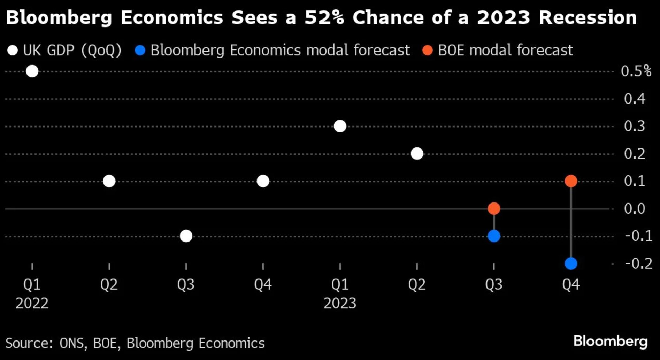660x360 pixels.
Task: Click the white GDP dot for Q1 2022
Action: [32, 71]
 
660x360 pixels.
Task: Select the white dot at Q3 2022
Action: [186, 236]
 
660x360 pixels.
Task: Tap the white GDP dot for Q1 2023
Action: [340, 126]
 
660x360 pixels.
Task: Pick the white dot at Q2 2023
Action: [417, 153]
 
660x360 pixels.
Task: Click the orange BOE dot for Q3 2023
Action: [494, 208]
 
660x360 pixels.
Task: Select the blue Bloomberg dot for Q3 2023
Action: [494, 236]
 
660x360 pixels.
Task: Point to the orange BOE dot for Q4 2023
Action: [571, 181]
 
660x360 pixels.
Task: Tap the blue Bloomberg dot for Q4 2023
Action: [571, 263]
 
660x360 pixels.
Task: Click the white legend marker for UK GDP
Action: [13, 51]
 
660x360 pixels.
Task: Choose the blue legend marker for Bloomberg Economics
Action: [140, 51]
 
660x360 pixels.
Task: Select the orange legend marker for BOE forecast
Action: [427, 51]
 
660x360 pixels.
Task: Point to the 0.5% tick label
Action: [636, 71]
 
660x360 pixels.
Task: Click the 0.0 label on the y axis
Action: [635, 209]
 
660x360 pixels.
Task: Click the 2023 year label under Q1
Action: [340, 303]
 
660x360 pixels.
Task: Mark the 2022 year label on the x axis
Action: [32, 303]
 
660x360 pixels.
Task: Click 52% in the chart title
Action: [324, 17]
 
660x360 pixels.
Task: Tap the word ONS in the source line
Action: [72, 343]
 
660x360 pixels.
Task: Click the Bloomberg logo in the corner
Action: [610, 341]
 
